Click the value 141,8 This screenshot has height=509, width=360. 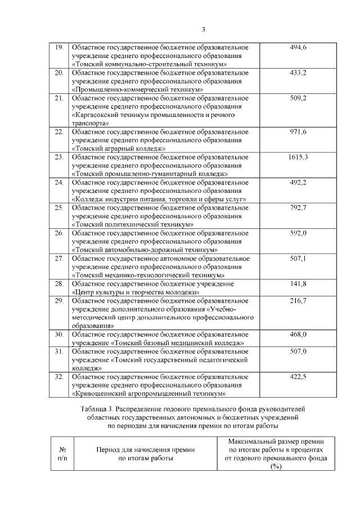click(298, 283)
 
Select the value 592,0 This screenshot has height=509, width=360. click(298, 233)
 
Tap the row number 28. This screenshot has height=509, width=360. click(58, 283)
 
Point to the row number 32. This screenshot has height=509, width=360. click(58, 377)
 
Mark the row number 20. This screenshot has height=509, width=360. click(58, 73)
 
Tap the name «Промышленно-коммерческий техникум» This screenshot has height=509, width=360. click(138, 89)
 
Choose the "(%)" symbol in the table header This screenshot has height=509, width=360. click(275, 467)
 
